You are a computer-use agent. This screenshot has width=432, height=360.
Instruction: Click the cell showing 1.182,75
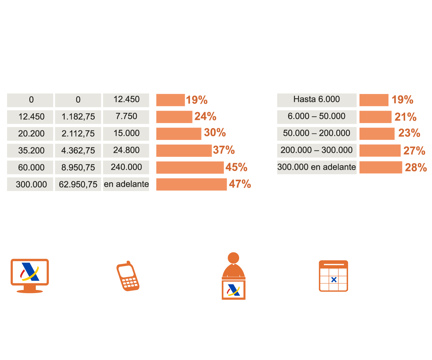pos(78,117)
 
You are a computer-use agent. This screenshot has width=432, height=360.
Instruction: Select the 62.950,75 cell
pos(78,184)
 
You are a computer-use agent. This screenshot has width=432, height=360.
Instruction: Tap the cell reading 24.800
pos(126,150)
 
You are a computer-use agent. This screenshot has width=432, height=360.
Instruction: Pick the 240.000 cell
pos(126,167)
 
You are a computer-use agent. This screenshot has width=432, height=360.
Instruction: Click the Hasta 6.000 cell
pos(317,100)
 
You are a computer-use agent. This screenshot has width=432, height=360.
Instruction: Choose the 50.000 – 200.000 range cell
pos(317,133)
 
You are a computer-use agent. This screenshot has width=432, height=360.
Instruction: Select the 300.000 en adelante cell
pos(317,167)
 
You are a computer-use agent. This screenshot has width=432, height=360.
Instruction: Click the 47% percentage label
pos(240,184)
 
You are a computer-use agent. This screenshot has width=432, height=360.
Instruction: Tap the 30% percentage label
pos(215,133)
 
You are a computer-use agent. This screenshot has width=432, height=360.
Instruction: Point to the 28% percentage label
pos(416,167)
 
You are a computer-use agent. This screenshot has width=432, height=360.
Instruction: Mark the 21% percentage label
pos(405,117)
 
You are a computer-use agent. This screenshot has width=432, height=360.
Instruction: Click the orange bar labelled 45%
pos(190,167)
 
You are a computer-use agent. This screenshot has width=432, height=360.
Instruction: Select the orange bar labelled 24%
pos(174,117)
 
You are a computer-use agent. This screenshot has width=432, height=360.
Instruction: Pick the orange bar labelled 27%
pos(380,150)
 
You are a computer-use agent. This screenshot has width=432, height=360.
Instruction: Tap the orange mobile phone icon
pos(127,276)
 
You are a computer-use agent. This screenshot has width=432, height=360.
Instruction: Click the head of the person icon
pos(234,258)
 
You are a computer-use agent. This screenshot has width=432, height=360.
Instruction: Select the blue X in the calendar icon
pos(334,280)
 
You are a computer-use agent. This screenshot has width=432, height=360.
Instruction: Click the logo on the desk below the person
pos(234,290)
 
